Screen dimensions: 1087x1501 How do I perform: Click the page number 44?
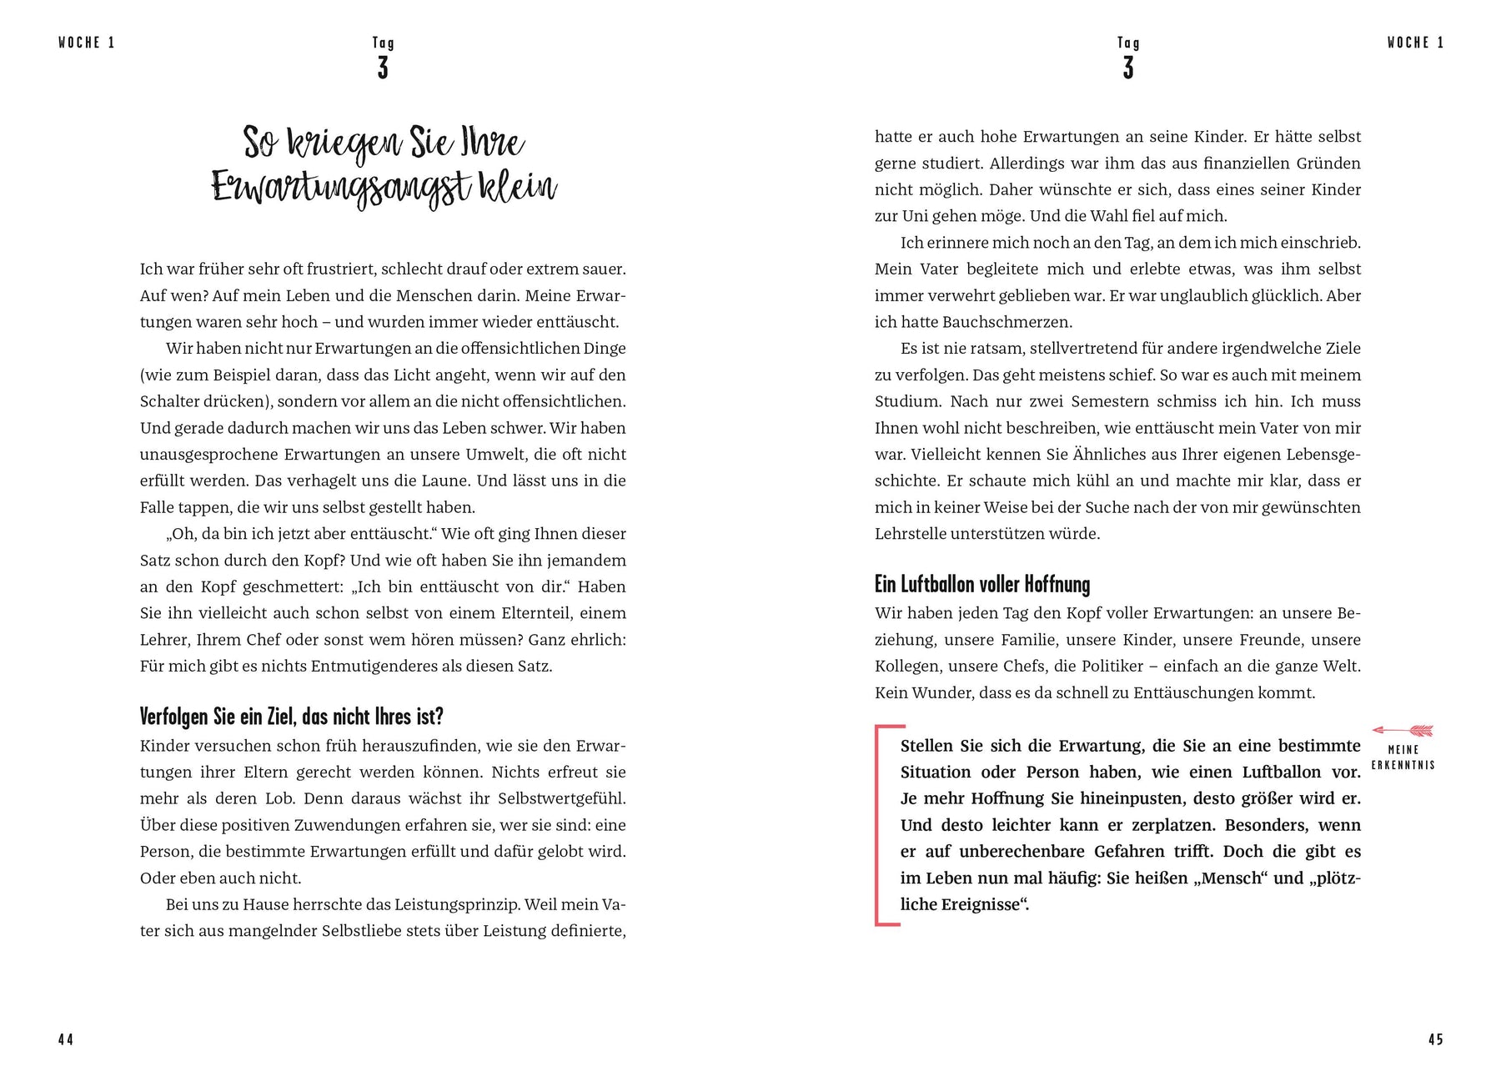coord(66,1039)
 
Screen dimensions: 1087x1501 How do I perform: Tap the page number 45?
coord(1435,1039)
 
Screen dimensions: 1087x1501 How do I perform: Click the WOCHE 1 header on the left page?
coord(87,43)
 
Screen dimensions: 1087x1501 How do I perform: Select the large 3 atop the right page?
coord(1128,68)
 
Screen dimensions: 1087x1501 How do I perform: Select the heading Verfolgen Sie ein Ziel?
coord(291,717)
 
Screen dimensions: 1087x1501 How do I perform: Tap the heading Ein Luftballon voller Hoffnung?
coord(981,584)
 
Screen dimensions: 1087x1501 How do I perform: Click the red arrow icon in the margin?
coord(1403,731)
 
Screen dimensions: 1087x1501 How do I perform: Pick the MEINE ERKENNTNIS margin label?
coord(1403,757)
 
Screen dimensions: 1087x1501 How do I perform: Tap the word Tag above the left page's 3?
coord(383,43)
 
